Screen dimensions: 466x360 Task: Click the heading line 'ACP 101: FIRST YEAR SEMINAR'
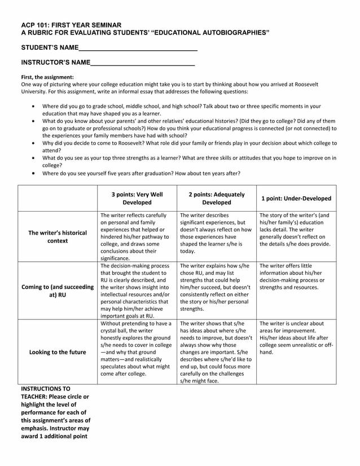71,25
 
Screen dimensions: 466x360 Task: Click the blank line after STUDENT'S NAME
138,50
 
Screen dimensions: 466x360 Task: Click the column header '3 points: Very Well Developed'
137,198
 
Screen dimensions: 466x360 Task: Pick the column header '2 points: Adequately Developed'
217,198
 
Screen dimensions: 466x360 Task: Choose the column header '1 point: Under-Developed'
296,199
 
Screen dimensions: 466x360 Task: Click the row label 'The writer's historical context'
58,236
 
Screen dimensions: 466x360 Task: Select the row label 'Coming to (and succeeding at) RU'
58,291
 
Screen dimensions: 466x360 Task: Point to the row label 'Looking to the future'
58,352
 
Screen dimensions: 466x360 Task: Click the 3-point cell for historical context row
137,236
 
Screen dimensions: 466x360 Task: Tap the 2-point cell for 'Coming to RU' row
217,287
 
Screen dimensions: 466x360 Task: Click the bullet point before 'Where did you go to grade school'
36,106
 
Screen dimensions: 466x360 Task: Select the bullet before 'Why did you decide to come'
36,144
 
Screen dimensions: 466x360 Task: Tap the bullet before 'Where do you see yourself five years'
36,174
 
